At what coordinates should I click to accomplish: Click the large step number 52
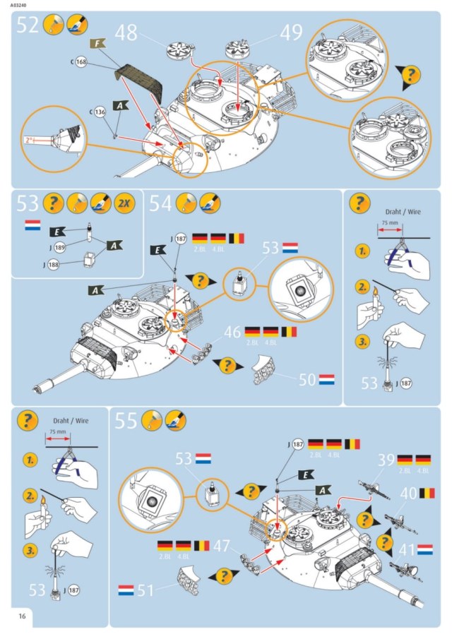coord(27,26)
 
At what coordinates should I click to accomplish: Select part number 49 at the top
coord(291,32)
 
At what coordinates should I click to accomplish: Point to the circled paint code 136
coord(100,112)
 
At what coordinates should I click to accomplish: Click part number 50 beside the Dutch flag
coord(308,380)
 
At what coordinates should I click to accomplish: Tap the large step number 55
coord(126,422)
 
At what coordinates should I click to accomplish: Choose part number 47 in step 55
coord(222,545)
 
